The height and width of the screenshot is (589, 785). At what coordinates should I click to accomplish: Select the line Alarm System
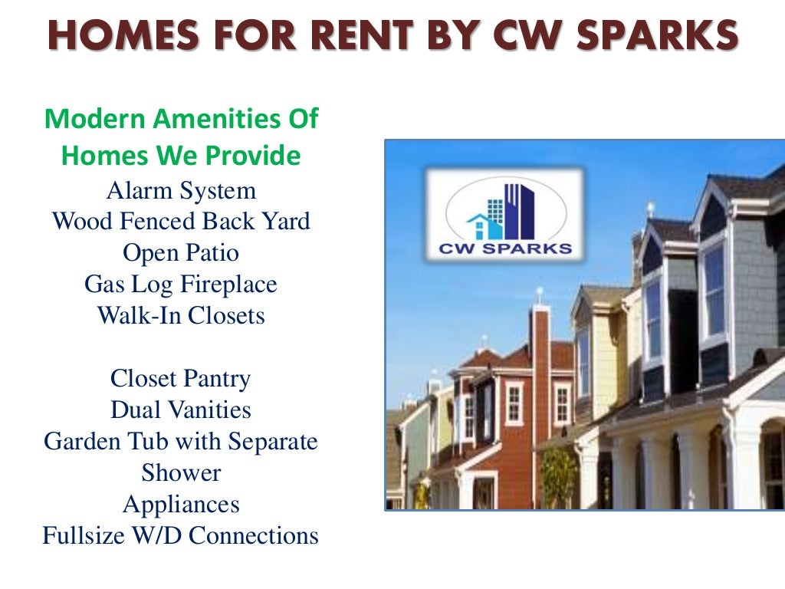coord(181,190)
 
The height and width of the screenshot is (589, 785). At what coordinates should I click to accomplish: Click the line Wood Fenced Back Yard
coord(181,222)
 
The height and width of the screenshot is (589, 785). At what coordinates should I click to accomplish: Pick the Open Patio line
coord(181,253)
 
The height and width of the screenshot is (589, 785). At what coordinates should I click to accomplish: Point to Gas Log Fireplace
coord(181,285)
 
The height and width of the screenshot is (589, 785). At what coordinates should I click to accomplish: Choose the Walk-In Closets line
coord(181,316)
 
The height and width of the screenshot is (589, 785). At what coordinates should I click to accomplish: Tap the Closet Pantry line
coord(181,379)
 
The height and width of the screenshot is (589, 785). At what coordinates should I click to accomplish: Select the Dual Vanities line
coord(181,410)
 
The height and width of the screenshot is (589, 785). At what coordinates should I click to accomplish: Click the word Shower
coord(181,473)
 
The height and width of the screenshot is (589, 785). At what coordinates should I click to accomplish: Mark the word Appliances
coord(181,505)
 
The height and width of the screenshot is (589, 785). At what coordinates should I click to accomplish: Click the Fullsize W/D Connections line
coord(181,536)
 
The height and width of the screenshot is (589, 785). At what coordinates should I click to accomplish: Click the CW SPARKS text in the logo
coord(504,248)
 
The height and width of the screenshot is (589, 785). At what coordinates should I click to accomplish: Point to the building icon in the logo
coord(505,210)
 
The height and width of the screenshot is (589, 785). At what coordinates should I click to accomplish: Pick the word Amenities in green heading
coord(209,120)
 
